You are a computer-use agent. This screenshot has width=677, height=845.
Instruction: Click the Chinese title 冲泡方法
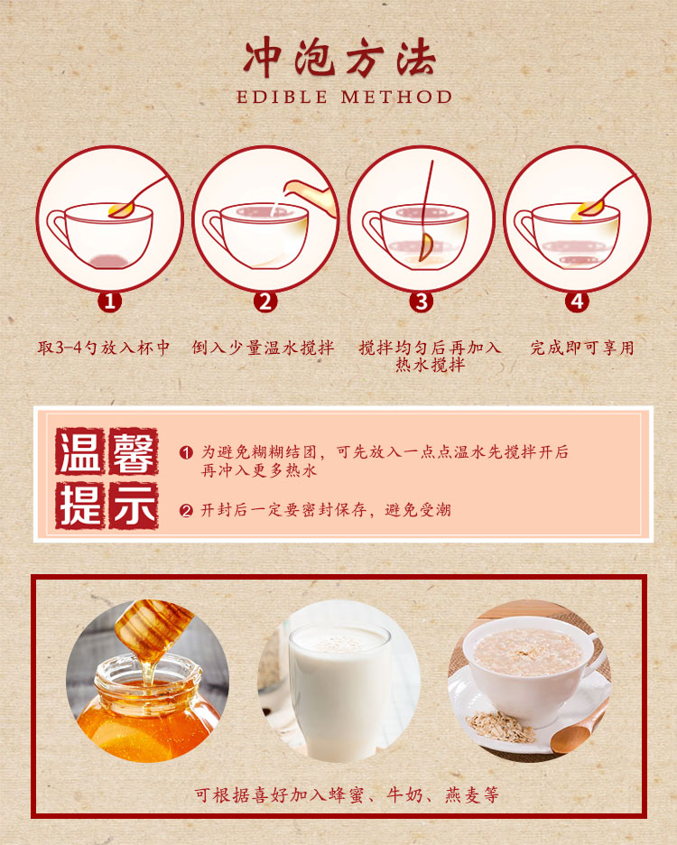(x=339, y=59)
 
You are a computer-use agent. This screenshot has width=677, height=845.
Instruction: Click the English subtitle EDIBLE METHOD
(x=344, y=97)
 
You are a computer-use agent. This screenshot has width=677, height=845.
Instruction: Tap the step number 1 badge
(x=110, y=302)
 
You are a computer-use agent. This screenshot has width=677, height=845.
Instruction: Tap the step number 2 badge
(x=265, y=302)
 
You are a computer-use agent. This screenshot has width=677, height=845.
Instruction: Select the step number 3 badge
(x=421, y=302)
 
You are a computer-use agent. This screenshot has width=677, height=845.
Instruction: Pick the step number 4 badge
(x=577, y=302)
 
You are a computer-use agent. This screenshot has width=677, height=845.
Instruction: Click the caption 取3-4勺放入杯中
(x=104, y=348)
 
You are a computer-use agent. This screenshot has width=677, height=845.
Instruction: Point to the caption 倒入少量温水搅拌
(x=263, y=348)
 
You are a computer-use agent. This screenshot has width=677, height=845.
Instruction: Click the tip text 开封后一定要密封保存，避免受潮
(x=325, y=510)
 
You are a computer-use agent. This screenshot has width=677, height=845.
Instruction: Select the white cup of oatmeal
(x=528, y=664)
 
